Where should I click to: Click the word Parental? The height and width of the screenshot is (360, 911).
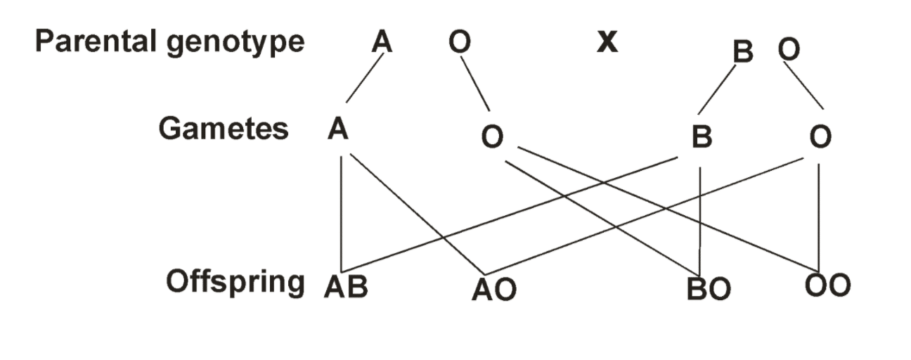point(96,41)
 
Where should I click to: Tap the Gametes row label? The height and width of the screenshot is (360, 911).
point(224,128)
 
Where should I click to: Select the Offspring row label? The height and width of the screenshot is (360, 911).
point(235,283)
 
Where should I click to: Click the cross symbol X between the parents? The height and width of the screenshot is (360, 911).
point(607,42)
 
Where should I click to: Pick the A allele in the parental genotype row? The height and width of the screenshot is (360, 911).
point(382,41)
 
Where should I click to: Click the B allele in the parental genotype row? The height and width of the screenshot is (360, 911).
point(743,51)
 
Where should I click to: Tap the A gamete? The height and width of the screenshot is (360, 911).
point(338,129)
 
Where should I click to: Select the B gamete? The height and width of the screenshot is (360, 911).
point(702,136)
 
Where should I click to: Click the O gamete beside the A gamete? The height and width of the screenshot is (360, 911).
point(493,136)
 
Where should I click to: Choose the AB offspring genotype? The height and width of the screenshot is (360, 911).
point(346,287)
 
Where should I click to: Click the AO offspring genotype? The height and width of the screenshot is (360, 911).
point(495,290)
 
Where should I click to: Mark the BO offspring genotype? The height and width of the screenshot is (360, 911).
point(709,289)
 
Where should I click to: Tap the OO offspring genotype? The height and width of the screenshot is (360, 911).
point(827,285)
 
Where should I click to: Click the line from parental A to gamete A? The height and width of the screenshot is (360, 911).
point(365,78)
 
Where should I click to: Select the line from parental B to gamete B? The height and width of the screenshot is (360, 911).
point(717,89)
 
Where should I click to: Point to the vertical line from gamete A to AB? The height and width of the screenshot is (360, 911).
point(341,214)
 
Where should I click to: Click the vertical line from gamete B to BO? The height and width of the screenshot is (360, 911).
point(699,221)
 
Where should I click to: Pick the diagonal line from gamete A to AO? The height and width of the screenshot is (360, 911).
point(418,214)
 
